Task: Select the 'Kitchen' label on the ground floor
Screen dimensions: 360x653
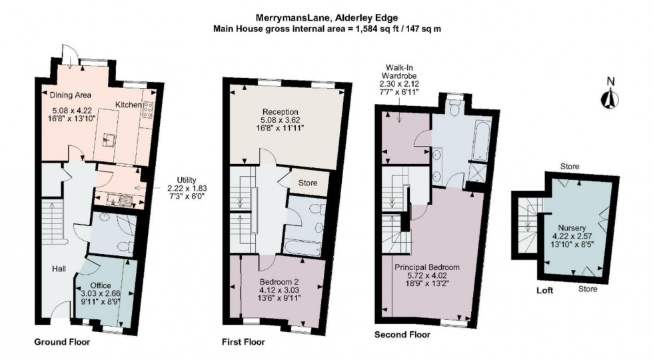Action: pyautogui.click(x=127, y=105)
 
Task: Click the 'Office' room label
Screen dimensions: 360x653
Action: pyautogui.click(x=101, y=285)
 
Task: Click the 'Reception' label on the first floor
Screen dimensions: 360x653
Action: pyautogui.click(x=280, y=111)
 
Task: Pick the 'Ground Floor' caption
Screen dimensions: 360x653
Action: pyautogui.click(x=62, y=342)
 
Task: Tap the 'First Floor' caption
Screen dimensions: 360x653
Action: pyautogui.click(x=243, y=342)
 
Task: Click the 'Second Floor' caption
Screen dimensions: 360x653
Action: pyautogui.click(x=402, y=335)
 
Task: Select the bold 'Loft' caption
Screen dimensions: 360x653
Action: pyautogui.click(x=546, y=291)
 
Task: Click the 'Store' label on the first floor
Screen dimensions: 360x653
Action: pyautogui.click(x=308, y=183)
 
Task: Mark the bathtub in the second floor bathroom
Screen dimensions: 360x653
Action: pyautogui.click(x=480, y=136)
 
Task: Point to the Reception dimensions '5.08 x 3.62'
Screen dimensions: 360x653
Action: pyautogui.click(x=280, y=120)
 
